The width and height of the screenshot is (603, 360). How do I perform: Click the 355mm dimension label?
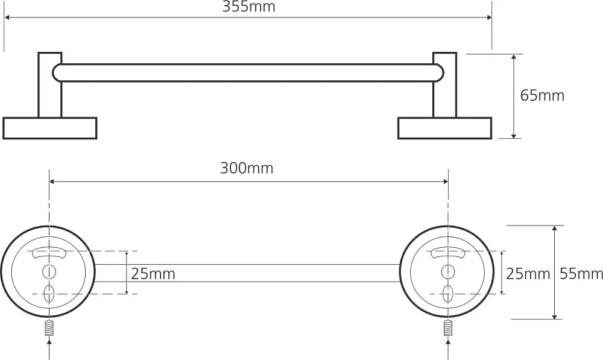tap(249, 7)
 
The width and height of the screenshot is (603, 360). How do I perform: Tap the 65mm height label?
tap(542, 95)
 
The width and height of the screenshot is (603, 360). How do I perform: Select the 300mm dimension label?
tap(247, 168)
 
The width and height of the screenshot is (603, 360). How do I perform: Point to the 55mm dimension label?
tap(581, 274)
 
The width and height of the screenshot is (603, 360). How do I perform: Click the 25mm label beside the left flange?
tap(153, 274)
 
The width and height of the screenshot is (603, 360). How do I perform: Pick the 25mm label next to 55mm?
tap(528, 274)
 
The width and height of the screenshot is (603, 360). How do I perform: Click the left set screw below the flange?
tap(49, 327)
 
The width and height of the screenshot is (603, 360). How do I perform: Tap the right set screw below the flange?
tap(448, 327)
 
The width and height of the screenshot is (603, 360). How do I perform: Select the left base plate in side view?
tap(50, 128)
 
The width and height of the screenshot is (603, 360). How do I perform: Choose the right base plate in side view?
tap(444, 128)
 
